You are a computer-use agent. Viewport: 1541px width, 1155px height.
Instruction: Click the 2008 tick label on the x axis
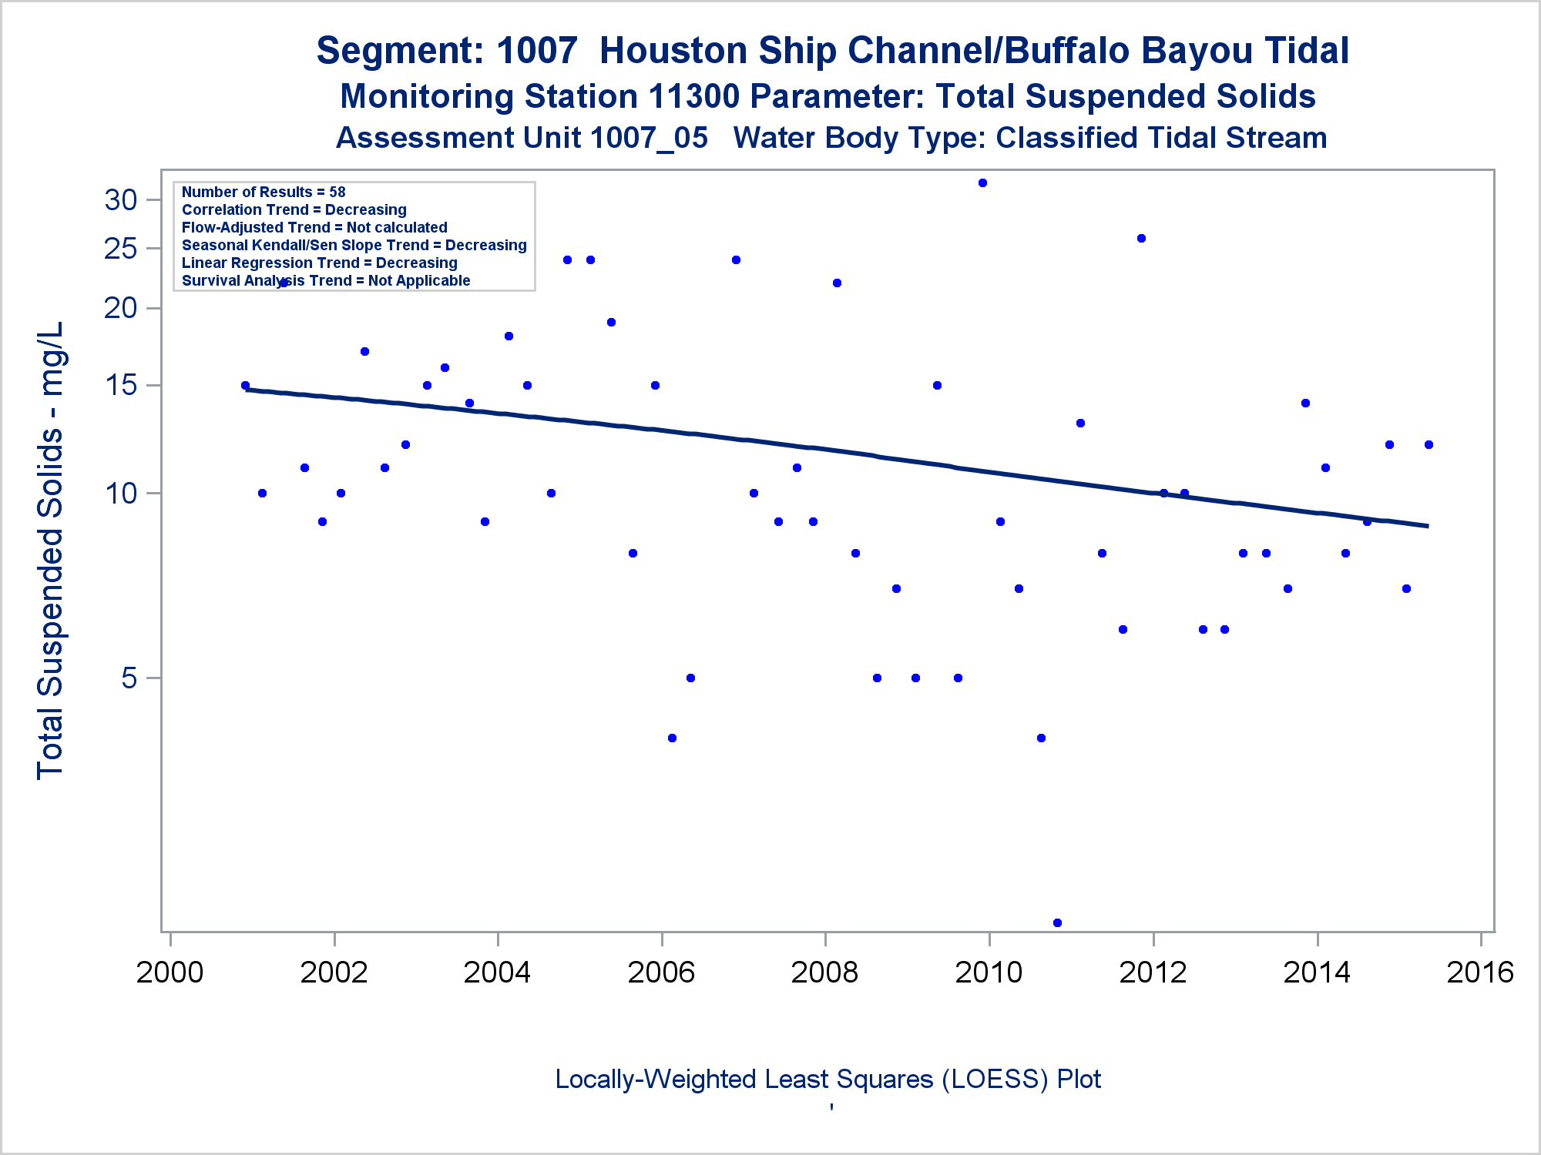(x=824, y=973)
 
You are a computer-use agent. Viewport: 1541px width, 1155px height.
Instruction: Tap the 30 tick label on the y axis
(x=121, y=200)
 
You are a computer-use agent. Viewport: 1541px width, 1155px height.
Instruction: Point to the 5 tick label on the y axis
(x=129, y=678)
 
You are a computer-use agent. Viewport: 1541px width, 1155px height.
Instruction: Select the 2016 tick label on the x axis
(x=1480, y=973)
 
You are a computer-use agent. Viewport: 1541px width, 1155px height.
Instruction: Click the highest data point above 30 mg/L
(x=982, y=183)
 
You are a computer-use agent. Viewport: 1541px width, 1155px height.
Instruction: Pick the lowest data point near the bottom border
(x=1057, y=922)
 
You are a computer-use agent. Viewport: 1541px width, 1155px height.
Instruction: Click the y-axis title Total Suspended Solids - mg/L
(x=51, y=551)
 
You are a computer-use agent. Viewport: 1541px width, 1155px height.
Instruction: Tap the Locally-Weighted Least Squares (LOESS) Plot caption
(x=828, y=1079)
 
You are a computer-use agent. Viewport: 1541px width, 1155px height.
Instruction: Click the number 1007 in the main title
(x=536, y=51)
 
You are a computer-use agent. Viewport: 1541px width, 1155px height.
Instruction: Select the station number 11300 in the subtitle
(x=694, y=97)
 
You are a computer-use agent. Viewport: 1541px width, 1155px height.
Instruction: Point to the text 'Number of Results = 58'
(x=264, y=192)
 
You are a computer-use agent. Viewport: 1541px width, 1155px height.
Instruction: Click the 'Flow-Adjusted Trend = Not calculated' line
(x=314, y=227)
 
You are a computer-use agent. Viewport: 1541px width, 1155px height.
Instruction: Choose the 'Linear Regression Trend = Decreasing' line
(x=319, y=263)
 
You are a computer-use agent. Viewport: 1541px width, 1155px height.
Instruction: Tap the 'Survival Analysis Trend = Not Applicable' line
(x=326, y=280)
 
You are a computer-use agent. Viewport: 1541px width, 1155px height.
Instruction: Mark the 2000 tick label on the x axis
(x=170, y=973)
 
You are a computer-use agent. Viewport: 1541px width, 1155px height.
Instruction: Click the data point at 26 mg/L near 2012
(x=1141, y=239)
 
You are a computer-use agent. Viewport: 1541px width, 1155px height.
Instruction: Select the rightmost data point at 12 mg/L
(x=1429, y=444)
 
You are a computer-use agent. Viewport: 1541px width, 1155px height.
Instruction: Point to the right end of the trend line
(x=1428, y=526)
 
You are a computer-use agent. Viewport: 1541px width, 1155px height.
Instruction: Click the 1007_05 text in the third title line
(x=649, y=139)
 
